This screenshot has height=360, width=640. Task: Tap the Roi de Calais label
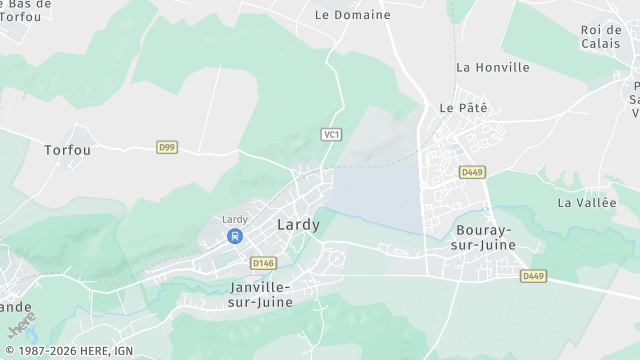601,36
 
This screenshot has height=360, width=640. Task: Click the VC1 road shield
332,134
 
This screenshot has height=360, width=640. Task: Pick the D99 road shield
167,147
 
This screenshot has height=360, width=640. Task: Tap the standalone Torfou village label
68,150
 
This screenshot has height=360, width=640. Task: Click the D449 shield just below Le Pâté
472,172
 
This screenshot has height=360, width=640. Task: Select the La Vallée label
584,202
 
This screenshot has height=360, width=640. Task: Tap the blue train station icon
235,237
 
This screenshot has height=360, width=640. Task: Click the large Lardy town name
298,225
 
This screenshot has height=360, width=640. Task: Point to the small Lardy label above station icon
234,219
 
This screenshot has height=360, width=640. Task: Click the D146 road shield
264,263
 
